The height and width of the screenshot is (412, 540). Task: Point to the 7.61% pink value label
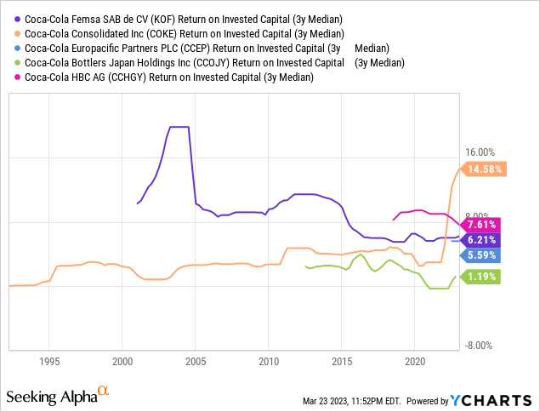tap(481, 225)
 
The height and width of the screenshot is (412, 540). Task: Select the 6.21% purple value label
tap(481, 241)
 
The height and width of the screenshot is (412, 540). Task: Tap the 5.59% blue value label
tap(481, 255)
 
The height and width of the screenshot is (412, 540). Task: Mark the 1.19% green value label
tap(481, 276)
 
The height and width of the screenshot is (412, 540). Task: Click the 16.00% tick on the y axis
tap(480, 152)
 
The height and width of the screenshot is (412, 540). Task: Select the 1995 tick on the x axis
tap(48, 361)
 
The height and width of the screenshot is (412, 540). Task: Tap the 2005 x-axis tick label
tap(195, 361)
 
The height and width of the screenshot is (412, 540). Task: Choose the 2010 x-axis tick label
tap(268, 361)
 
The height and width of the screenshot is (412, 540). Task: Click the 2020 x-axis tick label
tap(414, 361)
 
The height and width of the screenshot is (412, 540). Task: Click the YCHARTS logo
tap(492, 399)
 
